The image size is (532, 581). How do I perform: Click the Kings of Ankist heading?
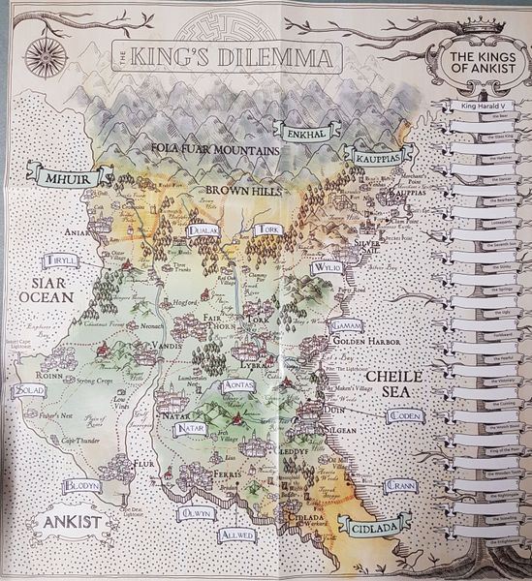(x=474, y=66)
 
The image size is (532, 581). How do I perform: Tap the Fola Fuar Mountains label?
(x=215, y=150)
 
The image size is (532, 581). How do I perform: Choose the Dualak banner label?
(x=202, y=230)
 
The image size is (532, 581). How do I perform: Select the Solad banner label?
(x=30, y=390)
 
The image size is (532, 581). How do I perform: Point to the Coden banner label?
(x=404, y=415)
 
